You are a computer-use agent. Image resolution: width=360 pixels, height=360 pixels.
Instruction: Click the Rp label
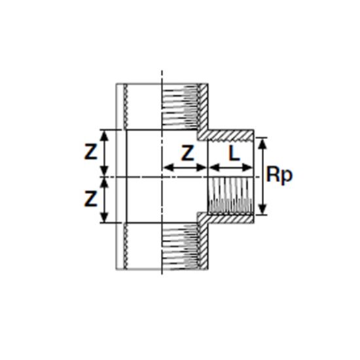coord(279,176)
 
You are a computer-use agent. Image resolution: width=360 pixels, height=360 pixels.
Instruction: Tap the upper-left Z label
coord(91,153)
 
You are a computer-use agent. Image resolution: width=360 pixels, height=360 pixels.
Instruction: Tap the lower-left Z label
coord(91,197)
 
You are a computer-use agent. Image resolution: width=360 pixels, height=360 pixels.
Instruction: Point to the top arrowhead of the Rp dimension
coord(262,140)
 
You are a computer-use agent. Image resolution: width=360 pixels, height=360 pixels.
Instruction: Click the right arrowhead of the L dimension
coord(250,167)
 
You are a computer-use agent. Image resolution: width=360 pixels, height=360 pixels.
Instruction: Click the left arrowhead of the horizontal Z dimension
coord(166,167)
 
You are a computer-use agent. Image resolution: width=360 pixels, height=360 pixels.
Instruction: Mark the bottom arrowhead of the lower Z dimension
coord(103,220)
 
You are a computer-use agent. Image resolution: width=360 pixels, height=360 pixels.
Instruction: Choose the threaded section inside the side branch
coord(229,196)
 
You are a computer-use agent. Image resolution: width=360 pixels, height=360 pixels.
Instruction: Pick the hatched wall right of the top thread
coord(202,108)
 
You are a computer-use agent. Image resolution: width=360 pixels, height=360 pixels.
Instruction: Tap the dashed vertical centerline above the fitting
coord(162,73)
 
